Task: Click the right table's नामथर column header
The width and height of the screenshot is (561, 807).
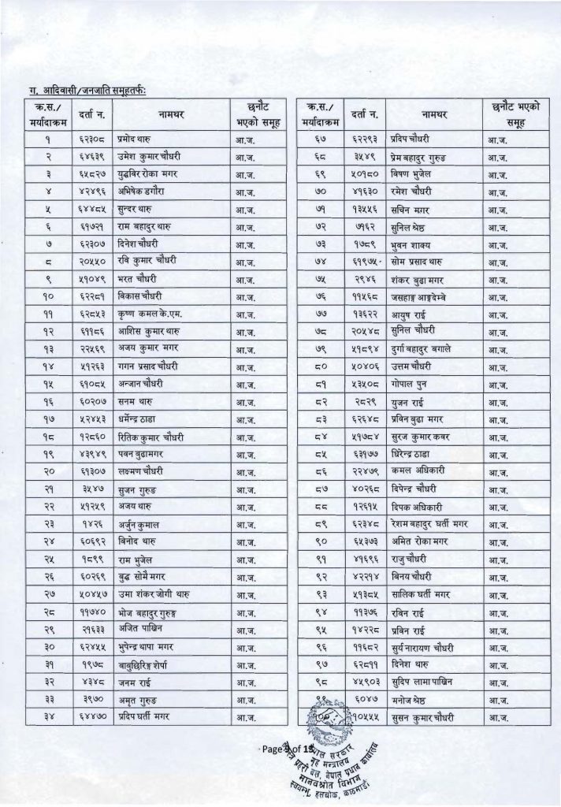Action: [433, 115]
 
